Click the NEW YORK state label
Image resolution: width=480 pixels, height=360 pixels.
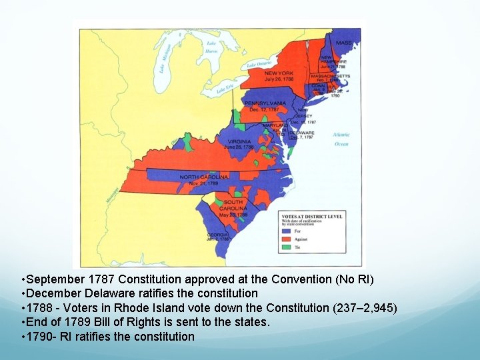click(279, 73)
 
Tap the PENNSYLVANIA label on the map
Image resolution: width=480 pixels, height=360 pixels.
click(265, 103)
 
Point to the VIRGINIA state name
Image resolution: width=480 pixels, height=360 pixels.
click(239, 141)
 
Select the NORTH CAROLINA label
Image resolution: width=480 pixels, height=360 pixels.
click(204, 177)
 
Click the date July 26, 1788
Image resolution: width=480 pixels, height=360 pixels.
click(279, 79)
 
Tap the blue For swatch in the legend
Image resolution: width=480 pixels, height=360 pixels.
click(287, 231)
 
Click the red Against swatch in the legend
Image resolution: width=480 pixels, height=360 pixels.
click(287, 238)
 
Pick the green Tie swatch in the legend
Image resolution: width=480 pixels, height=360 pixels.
click(287, 245)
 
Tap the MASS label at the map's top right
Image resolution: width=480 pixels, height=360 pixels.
click(343, 43)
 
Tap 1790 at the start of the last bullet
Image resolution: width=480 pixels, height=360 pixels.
click(40, 336)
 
